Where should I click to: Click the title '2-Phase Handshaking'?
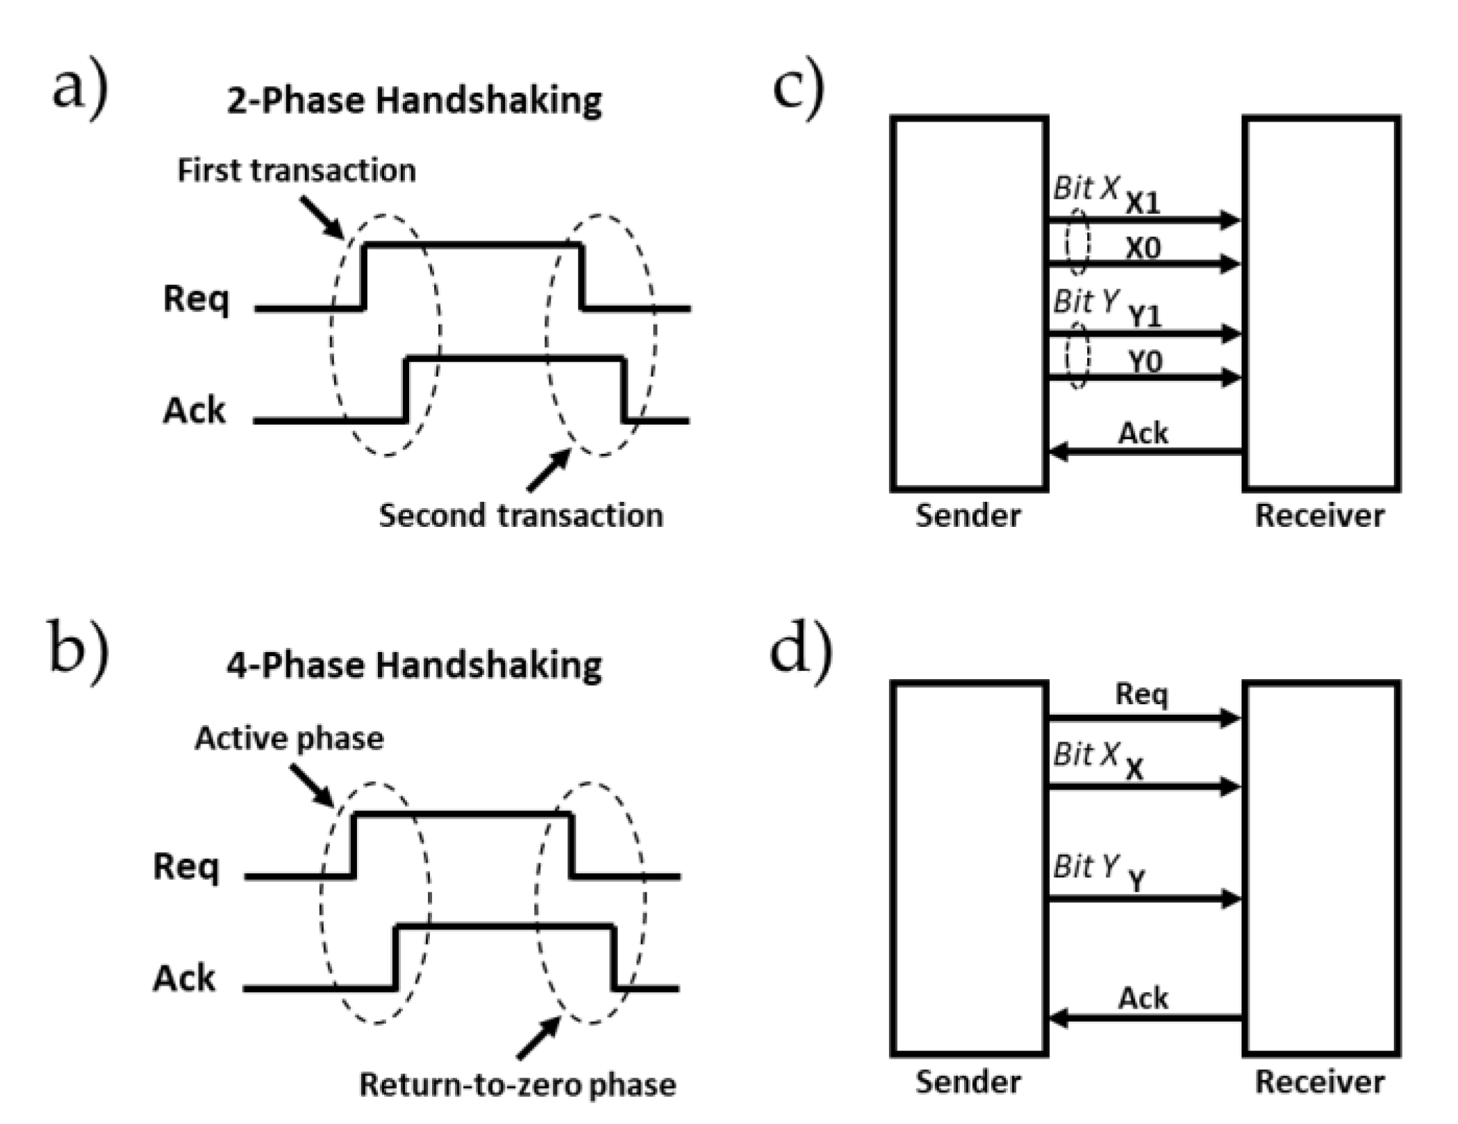[414, 101]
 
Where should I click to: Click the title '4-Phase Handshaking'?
[414, 665]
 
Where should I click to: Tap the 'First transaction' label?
[296, 170]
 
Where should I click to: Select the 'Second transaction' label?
[520, 516]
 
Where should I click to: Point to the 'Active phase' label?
[289, 738]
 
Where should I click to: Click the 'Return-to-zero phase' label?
[517, 1084]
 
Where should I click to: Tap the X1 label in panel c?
[1143, 204]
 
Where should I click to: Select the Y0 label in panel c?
[1144, 362]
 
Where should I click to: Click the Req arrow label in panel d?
[1141, 694]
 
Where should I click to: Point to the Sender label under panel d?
[968, 1082]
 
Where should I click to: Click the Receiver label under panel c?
[1319, 516]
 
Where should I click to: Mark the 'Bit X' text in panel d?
[1086, 754]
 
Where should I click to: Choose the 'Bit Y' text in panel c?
[1086, 302]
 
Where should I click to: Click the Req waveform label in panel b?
[185, 867]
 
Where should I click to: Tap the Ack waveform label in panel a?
[194, 411]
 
